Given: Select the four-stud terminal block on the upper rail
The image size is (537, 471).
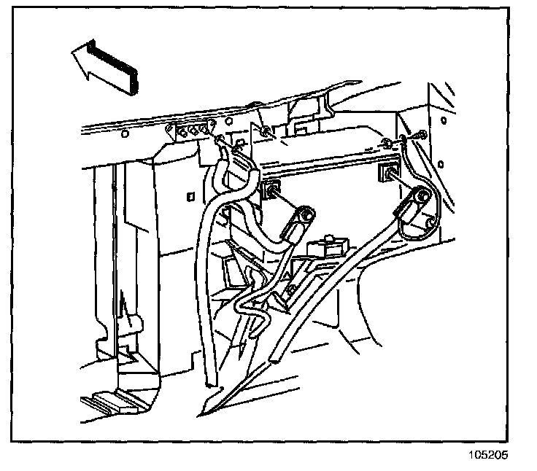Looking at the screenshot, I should click(190, 131).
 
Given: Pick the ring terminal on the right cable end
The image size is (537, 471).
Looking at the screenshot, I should click(421, 196).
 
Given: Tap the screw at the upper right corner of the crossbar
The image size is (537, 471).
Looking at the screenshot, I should click(422, 136).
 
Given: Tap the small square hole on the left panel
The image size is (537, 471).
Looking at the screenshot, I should click(189, 195).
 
